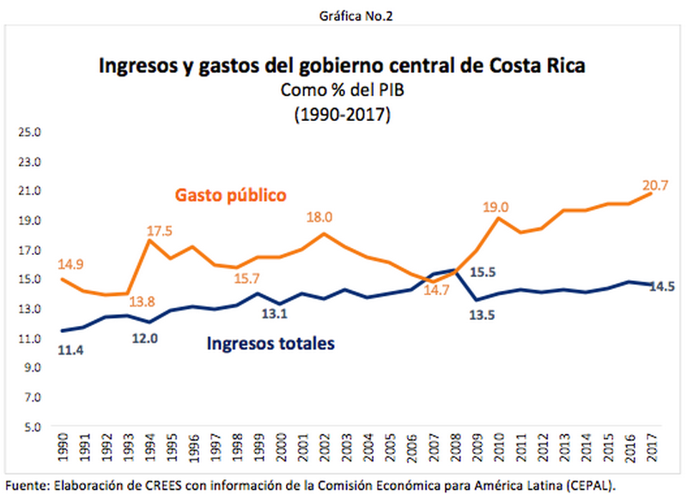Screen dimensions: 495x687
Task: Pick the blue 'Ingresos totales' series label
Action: pos(271,344)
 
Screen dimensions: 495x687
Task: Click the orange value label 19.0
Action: pos(495,207)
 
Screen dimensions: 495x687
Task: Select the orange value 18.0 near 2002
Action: pos(319,218)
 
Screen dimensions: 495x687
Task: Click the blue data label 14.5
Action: pos(662,287)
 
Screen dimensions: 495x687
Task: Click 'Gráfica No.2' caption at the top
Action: pos(343,15)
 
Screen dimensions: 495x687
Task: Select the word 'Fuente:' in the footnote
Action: pos(27,484)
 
